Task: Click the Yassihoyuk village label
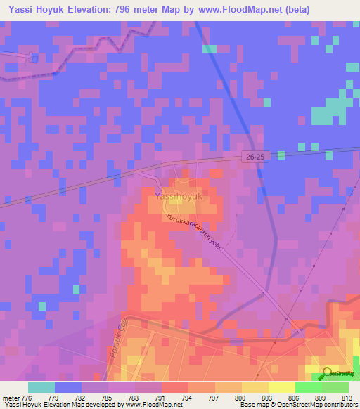(x=178, y=197)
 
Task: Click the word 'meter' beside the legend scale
(x=11, y=397)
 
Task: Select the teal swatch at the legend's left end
(x=41, y=387)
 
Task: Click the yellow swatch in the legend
(x=281, y=387)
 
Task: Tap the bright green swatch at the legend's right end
(x=335, y=387)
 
